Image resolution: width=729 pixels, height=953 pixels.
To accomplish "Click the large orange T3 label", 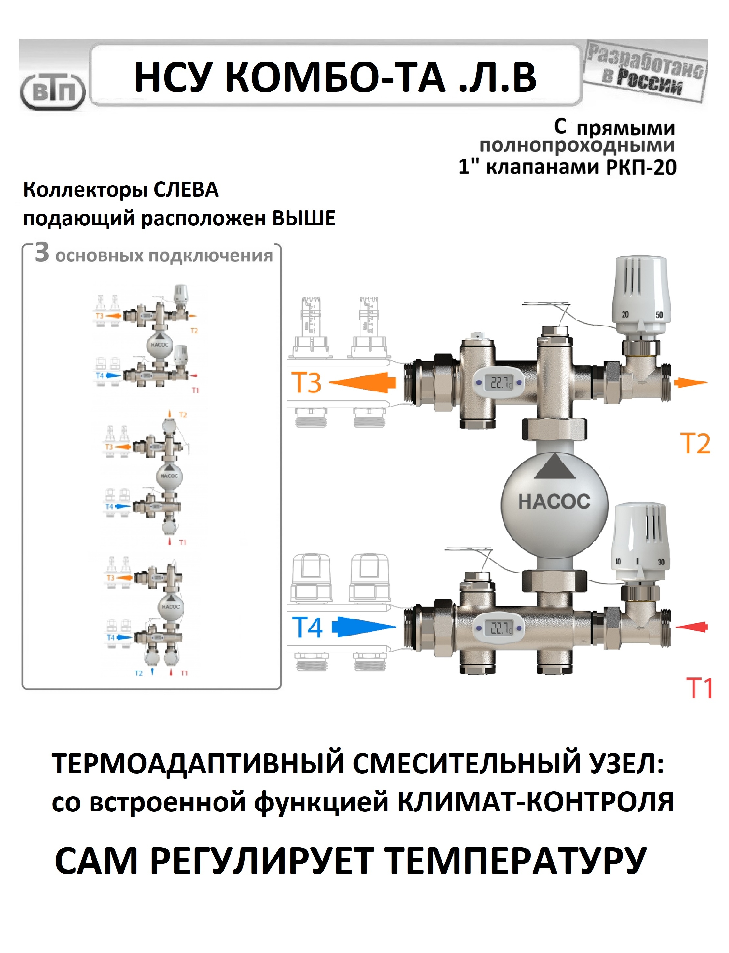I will click(306, 382).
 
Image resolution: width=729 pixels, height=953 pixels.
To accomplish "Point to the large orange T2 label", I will click(695, 443).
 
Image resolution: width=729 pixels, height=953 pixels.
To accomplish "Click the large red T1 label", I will click(699, 688).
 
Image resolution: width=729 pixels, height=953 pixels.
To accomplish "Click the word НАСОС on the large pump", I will click(554, 502).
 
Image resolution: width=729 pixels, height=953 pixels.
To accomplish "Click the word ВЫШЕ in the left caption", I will click(304, 218).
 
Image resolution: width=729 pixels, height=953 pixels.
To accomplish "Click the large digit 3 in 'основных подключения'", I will click(42, 253).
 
